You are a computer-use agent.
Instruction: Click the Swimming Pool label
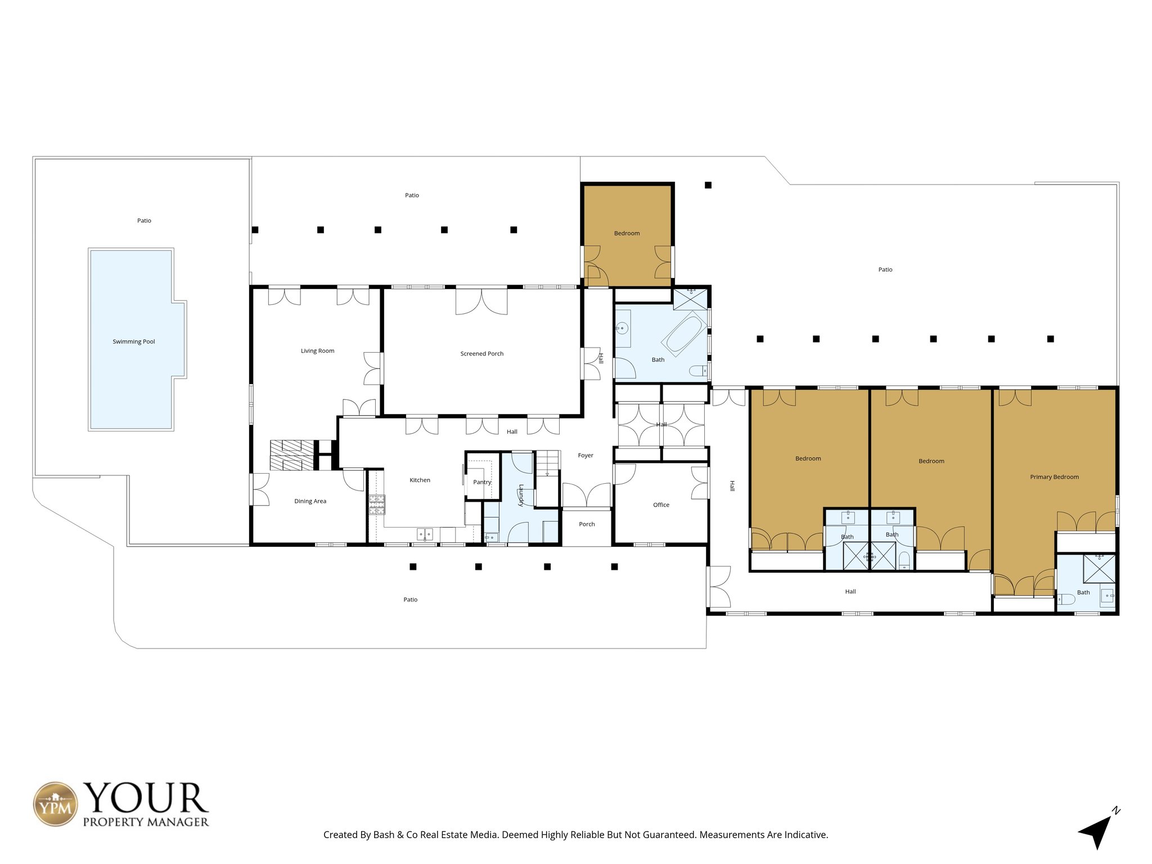[x=134, y=341]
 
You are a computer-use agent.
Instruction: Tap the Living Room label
[x=317, y=351]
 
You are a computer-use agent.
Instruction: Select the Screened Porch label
[x=481, y=354]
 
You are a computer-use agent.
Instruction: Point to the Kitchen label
[x=420, y=480]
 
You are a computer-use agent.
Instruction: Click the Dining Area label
[x=310, y=501]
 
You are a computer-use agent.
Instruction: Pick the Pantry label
[x=482, y=482]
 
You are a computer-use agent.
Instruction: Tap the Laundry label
[x=521, y=495]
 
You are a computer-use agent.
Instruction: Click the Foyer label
[x=586, y=456]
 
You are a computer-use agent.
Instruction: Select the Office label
[x=661, y=505]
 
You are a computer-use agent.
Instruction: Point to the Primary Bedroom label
[x=1054, y=477]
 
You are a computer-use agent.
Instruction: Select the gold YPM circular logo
[x=56, y=804]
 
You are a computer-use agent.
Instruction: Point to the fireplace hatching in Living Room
[x=292, y=454]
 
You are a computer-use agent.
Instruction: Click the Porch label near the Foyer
[x=587, y=524]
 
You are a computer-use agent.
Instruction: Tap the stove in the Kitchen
[x=377, y=505]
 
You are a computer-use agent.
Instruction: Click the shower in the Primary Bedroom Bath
[x=1099, y=568]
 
